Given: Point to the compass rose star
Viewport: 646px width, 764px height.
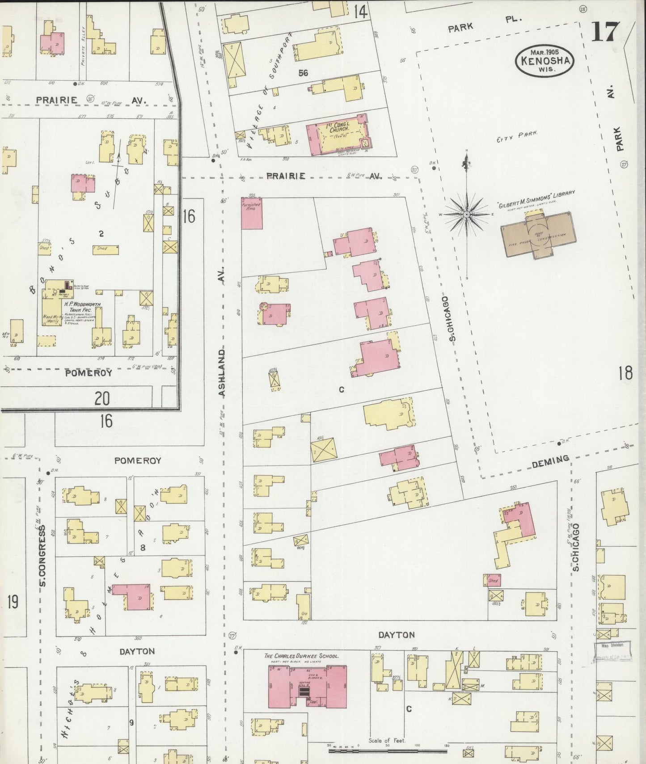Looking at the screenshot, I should point(467,215).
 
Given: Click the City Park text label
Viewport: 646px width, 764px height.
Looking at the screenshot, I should point(516,136).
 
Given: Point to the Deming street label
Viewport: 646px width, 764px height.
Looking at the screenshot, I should point(550,461).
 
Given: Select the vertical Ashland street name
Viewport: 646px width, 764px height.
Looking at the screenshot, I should point(222,372).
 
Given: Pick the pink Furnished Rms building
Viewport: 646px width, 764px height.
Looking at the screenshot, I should point(251,213).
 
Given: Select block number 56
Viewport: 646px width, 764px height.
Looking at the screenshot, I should point(303,73).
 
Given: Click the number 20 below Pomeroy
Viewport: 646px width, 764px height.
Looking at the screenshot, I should point(102,398).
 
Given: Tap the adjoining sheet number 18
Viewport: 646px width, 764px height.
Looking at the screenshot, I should point(625,373).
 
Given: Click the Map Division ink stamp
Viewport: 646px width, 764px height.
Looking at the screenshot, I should point(612,650).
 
